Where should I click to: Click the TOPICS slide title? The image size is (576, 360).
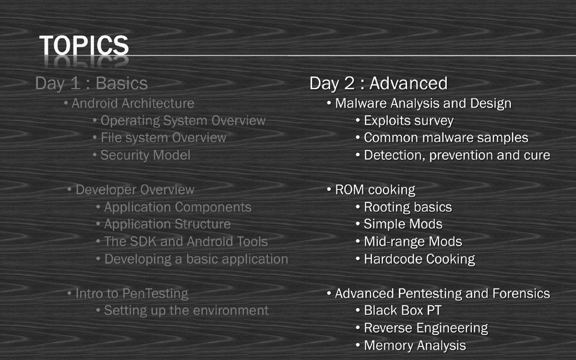pyautogui.click(x=84, y=45)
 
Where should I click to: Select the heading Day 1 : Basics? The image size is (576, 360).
pyautogui.click(x=91, y=84)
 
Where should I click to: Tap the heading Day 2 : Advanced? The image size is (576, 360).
pyautogui.click(x=378, y=84)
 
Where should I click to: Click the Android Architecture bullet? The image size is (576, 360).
pyautogui.click(x=132, y=103)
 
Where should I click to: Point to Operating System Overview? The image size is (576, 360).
pyautogui.click(x=182, y=120)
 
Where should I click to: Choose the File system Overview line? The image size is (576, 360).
pyautogui.click(x=163, y=138)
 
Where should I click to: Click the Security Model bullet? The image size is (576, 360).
pyautogui.click(x=145, y=155)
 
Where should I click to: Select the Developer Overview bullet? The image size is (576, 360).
pyautogui.click(x=135, y=190)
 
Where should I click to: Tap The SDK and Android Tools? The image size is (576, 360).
pyautogui.click(x=186, y=241)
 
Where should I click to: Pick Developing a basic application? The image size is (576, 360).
pyautogui.click(x=196, y=259)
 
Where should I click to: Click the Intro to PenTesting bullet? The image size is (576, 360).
pyautogui.click(x=132, y=293)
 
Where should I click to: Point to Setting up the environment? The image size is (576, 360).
pyautogui.click(x=186, y=311)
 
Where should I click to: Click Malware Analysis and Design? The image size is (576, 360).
pyautogui.click(x=423, y=103)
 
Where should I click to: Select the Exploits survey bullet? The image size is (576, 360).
pyautogui.click(x=408, y=120)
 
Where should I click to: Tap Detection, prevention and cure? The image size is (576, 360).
pyautogui.click(x=456, y=155)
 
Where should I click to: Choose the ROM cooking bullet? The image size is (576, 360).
pyautogui.click(x=375, y=190)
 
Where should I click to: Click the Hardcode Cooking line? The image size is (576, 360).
pyautogui.click(x=419, y=259)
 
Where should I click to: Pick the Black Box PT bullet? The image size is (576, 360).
pyautogui.click(x=402, y=311)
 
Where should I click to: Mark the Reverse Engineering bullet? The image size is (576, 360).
pyautogui.click(x=426, y=328)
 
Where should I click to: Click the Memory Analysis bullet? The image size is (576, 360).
pyautogui.click(x=415, y=345)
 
